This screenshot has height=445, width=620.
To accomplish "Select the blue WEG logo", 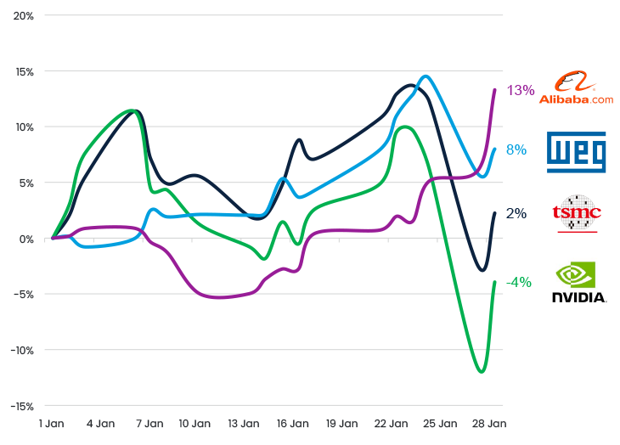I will click(x=576, y=151).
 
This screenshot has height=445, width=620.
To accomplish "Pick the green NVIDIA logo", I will click(x=578, y=282).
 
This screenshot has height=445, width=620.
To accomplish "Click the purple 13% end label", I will click(x=521, y=90).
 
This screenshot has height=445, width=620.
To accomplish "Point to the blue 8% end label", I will click(x=516, y=149).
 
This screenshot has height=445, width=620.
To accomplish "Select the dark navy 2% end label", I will click(x=516, y=213).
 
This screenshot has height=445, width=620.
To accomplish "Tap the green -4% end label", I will click(x=519, y=282).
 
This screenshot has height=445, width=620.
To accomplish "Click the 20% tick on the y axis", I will click(x=23, y=16).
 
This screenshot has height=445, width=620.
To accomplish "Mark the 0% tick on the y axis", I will click(x=25, y=239).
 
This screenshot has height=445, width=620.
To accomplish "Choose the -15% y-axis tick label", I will click(x=21, y=406).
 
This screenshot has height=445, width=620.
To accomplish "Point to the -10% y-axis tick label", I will click(x=21, y=350).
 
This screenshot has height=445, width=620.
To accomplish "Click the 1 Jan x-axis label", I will click(x=53, y=422).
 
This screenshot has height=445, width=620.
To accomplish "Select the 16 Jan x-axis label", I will click(x=293, y=422).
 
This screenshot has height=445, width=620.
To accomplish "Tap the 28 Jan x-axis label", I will click(x=488, y=422).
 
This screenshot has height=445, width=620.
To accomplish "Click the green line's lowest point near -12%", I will click(x=482, y=372).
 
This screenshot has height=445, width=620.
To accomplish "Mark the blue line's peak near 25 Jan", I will click(x=426, y=76).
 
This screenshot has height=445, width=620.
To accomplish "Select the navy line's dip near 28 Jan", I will click(x=482, y=270).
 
